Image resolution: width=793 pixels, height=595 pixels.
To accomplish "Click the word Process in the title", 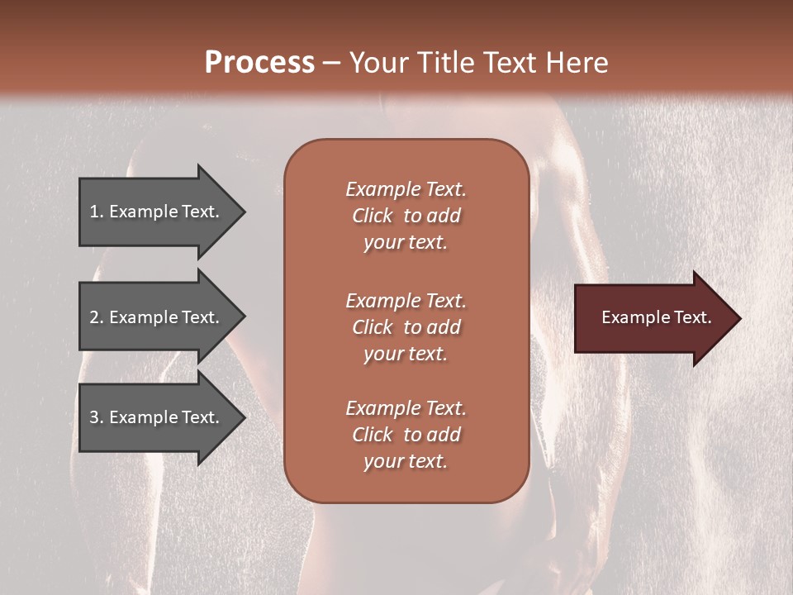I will (x=259, y=63).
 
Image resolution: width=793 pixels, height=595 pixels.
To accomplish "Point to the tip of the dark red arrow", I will (x=739, y=318).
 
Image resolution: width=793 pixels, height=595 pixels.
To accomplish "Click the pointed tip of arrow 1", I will (x=244, y=212).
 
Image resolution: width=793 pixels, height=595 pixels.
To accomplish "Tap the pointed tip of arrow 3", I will (x=244, y=417).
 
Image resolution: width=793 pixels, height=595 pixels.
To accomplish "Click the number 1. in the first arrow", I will (x=96, y=212).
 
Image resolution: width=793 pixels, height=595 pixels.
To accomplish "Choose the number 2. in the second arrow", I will (x=96, y=317).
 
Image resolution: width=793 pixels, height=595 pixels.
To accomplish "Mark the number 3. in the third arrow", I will (x=96, y=417).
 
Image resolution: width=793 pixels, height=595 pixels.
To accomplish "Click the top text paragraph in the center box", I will (x=406, y=216).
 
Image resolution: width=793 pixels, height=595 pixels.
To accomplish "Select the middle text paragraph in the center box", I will (x=406, y=327).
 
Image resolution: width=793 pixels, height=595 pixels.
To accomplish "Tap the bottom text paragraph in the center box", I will (x=406, y=435).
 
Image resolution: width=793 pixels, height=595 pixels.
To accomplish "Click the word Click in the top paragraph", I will (x=373, y=216).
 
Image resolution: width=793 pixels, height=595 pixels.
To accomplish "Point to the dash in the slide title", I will (x=331, y=64).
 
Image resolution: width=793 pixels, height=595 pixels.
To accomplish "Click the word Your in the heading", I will (x=376, y=63).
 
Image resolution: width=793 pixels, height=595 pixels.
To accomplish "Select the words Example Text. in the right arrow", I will (x=657, y=317).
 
